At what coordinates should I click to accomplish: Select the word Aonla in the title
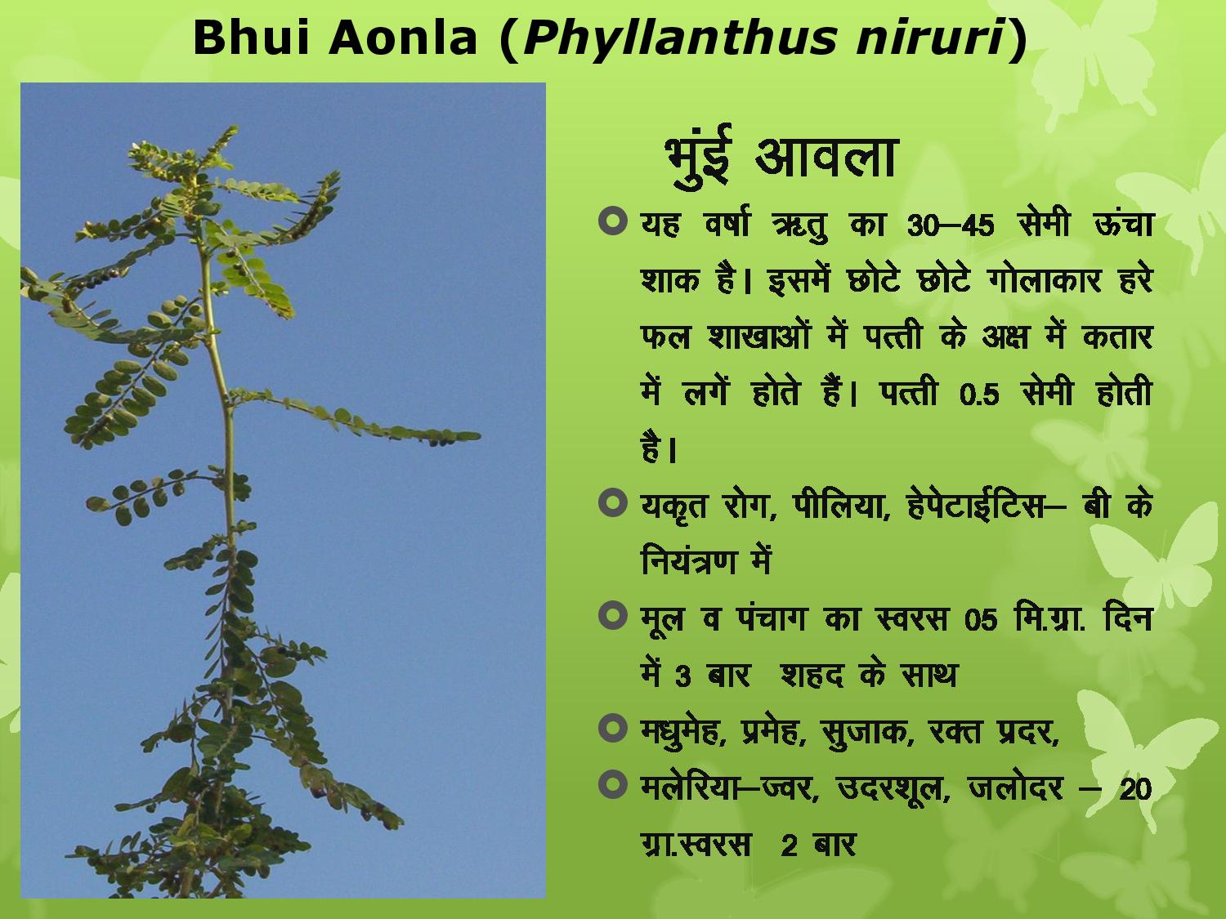403,38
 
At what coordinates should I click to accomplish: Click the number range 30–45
951,226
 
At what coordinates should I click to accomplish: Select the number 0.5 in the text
979,395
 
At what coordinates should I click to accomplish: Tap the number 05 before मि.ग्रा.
981,620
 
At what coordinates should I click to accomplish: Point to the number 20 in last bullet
1135,789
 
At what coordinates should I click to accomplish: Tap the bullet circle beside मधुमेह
612,728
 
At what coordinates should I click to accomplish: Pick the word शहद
812,676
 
